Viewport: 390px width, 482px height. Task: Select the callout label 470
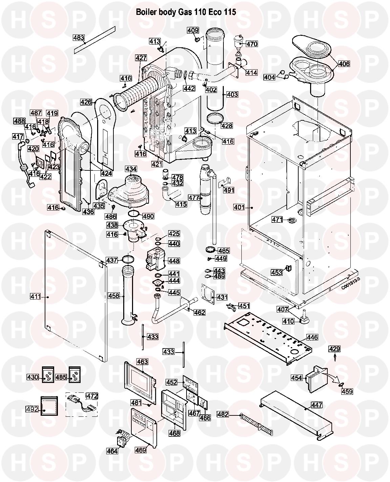(x=252, y=44)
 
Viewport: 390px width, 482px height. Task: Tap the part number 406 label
(x=344, y=64)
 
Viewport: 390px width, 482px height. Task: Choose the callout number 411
(x=35, y=297)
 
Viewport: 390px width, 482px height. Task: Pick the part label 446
(x=312, y=337)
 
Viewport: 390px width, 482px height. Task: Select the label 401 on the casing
(x=239, y=207)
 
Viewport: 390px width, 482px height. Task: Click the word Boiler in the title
(x=146, y=12)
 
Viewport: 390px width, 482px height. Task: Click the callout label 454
(x=297, y=378)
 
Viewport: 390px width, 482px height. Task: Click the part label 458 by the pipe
(x=114, y=296)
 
